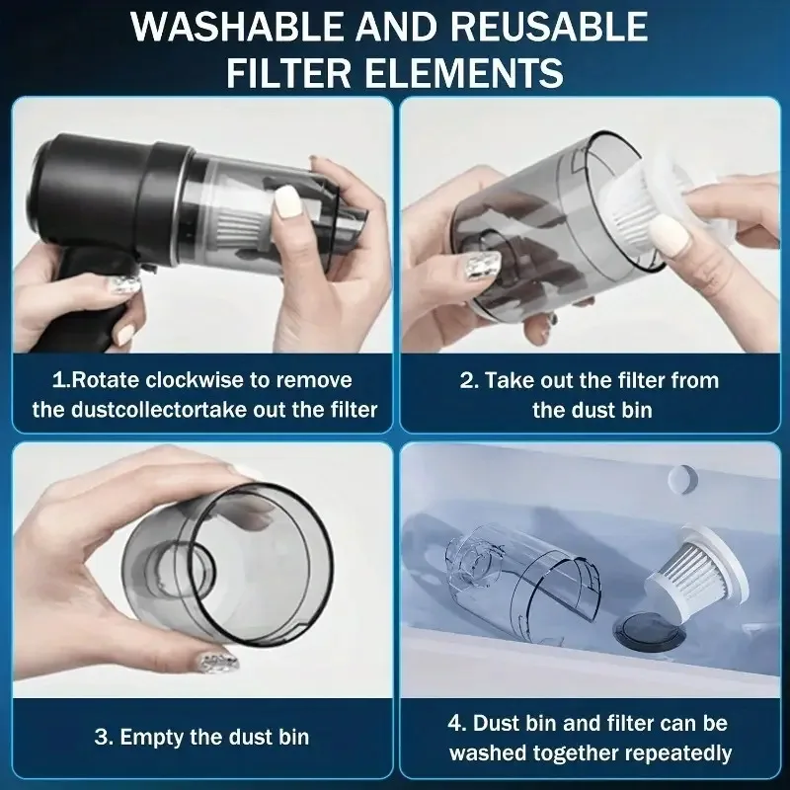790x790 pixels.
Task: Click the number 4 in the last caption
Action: point(454,723)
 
